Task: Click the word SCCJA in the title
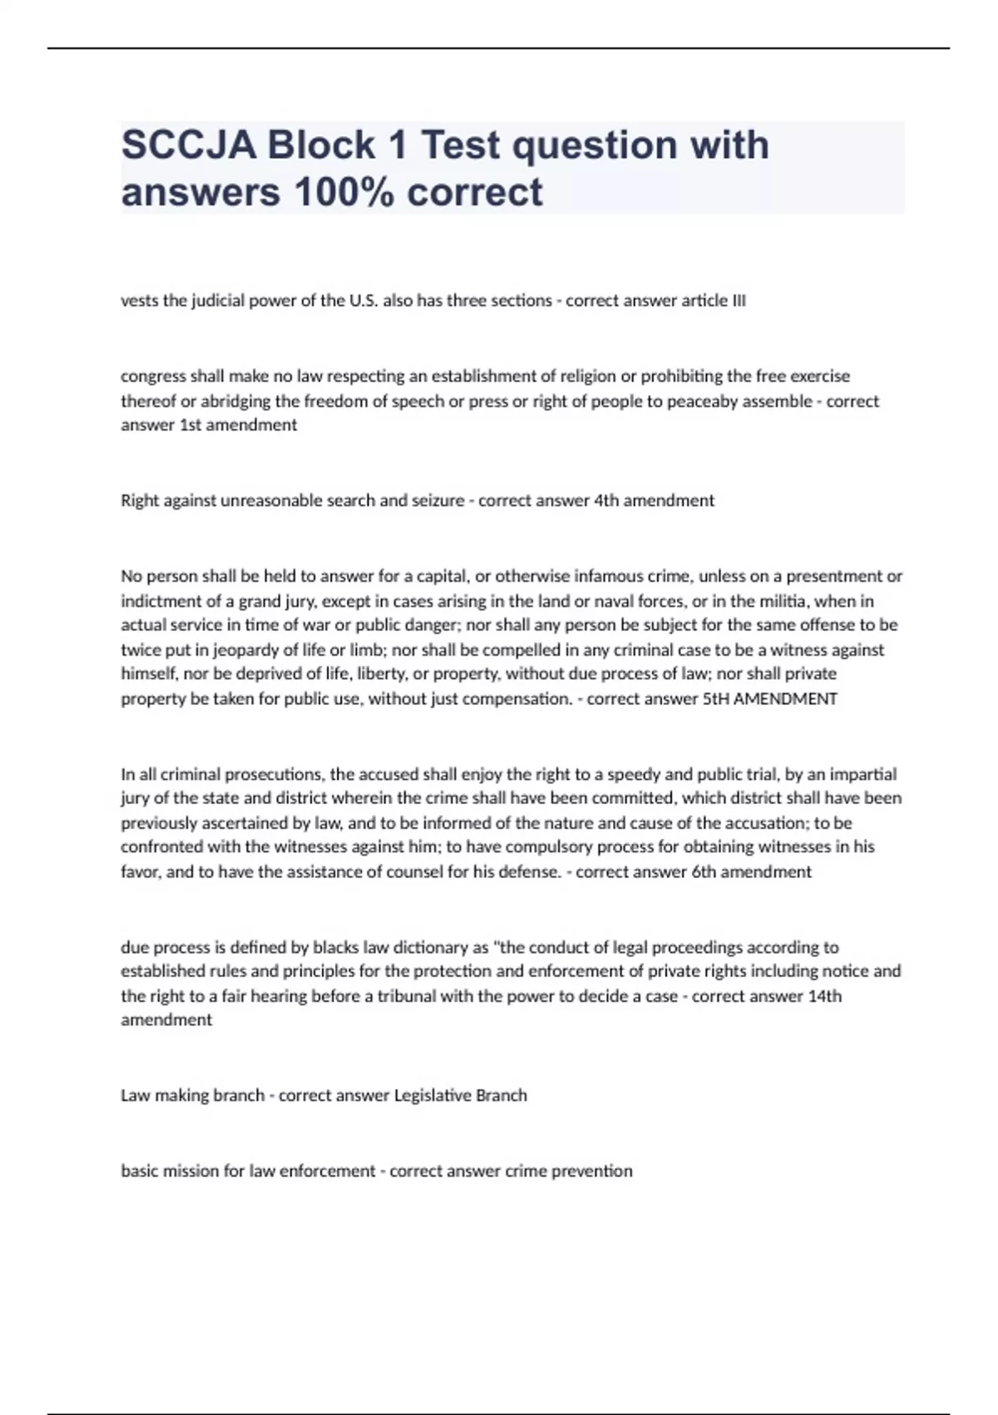click(188, 146)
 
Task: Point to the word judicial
click(220, 301)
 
